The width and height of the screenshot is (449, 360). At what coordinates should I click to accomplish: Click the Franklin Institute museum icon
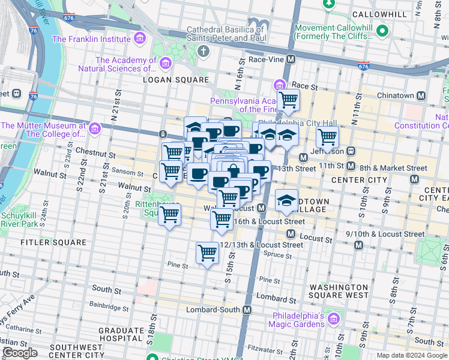coord(140,40)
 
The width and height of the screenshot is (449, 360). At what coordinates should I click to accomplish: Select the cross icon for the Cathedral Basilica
coord(203,50)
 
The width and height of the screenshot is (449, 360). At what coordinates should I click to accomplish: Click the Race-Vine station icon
coord(291,60)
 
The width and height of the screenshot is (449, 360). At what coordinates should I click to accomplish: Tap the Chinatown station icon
coord(421,96)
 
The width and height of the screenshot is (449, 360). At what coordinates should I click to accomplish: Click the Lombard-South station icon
coord(246,310)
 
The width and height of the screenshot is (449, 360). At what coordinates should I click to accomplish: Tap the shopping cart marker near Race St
coord(288,100)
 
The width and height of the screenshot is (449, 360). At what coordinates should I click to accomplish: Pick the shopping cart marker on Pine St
coord(207,253)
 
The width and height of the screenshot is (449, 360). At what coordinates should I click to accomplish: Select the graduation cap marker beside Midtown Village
coord(287,200)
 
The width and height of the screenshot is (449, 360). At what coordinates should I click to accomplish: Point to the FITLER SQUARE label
coord(53,243)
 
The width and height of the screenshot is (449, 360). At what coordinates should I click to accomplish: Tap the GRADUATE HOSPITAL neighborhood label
coord(121,334)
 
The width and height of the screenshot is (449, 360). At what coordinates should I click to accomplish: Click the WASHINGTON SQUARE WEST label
coord(338,291)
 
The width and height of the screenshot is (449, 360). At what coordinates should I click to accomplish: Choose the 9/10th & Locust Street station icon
coord(358,245)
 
